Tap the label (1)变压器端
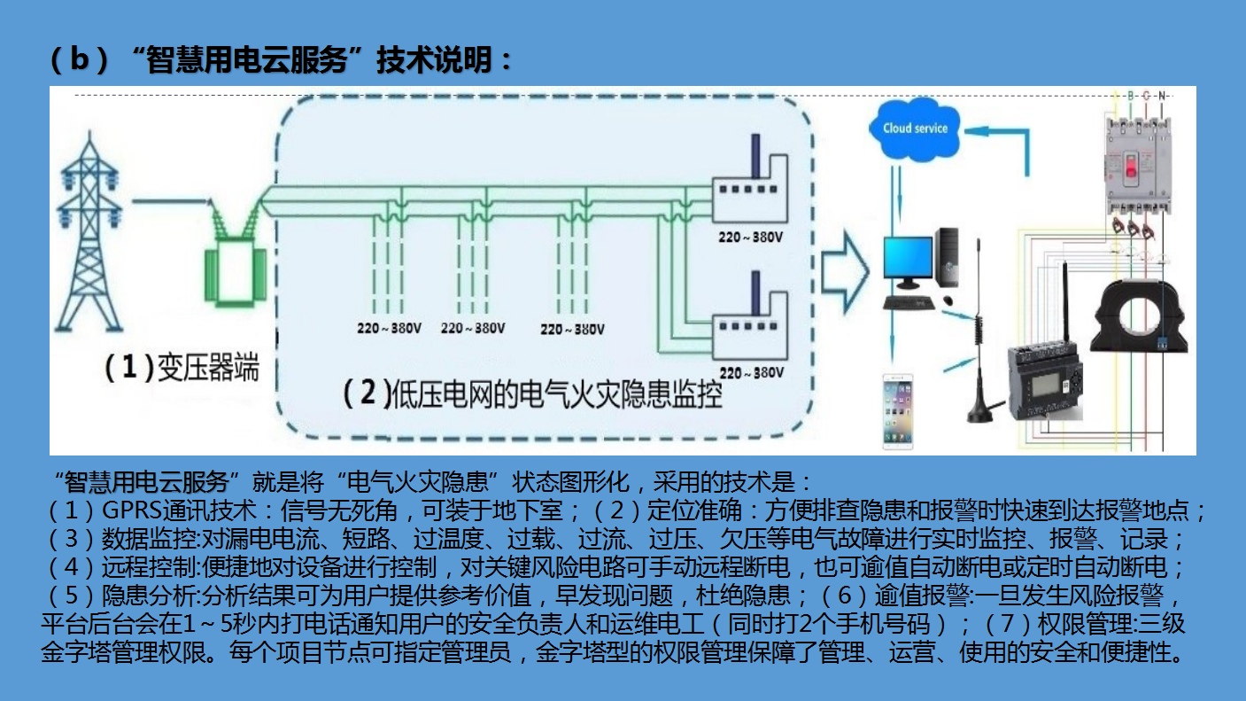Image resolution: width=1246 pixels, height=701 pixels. [x=182, y=367]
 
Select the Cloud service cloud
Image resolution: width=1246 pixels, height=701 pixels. [x=915, y=129]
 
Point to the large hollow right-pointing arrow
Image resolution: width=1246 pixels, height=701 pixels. [x=846, y=271]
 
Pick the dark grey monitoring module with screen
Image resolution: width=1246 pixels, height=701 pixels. [x=1046, y=382]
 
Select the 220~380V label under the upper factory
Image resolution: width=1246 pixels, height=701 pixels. [x=752, y=238]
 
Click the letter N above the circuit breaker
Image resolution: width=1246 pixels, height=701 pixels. [x=1162, y=95]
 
